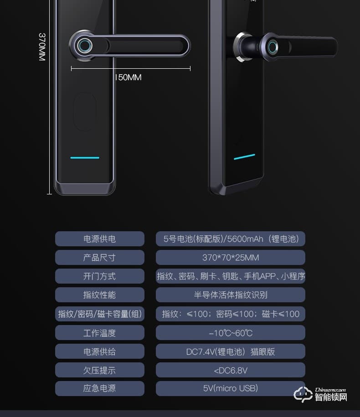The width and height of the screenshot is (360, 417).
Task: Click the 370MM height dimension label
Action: pos(42,46)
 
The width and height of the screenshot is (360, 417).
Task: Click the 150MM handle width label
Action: pos(128,77)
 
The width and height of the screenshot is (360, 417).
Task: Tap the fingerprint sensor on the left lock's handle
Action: pos(84,46)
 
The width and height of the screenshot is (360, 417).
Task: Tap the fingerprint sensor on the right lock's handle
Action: pos(273,48)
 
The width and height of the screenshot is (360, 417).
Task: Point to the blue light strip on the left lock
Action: pos(85,158)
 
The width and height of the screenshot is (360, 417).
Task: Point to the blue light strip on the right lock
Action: pos(244,158)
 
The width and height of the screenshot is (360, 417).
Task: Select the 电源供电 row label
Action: pos(99,239)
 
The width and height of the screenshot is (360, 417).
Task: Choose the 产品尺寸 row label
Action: pos(99,258)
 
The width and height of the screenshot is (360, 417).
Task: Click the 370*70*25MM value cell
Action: pos(230,258)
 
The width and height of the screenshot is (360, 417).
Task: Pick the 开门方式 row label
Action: pos(99,276)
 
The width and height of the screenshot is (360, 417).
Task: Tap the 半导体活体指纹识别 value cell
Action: pos(230,295)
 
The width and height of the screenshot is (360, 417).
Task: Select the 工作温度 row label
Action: pos(99,333)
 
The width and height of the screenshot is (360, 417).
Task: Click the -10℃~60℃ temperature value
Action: pos(230,333)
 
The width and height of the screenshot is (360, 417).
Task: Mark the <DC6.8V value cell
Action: pos(230,370)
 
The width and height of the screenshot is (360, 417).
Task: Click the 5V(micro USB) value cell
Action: pos(230,388)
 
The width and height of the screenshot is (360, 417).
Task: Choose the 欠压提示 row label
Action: pos(99,370)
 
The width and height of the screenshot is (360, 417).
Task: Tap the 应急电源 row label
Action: pos(99,388)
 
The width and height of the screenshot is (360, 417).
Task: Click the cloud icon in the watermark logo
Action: pos(303,394)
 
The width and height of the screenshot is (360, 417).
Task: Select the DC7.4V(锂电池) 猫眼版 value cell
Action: pos(230,351)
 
